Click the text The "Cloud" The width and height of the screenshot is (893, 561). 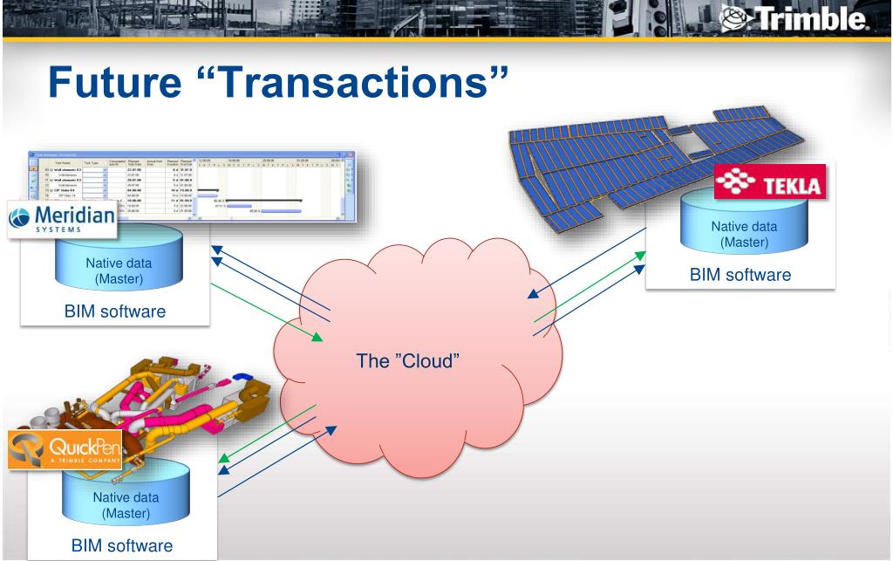407,359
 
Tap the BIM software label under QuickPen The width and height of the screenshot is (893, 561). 123,545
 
